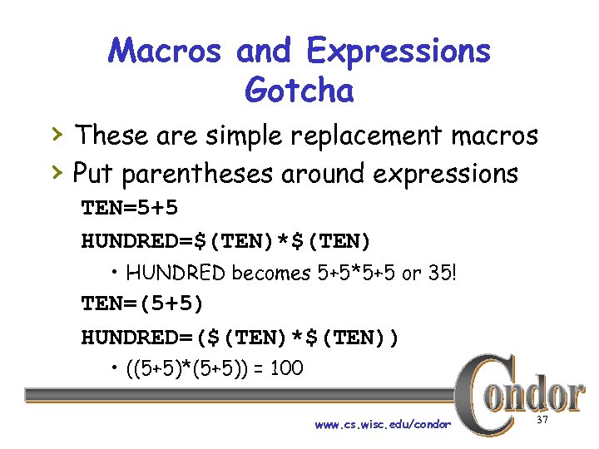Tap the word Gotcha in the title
[x=299, y=90]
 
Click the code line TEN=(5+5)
[x=142, y=303]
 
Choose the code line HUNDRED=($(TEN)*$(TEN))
[x=240, y=338]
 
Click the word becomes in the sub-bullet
[x=267, y=273]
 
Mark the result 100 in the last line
[x=287, y=368]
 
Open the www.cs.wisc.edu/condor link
[x=383, y=425]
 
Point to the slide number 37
[x=542, y=422]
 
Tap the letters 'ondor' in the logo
[x=541, y=395]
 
